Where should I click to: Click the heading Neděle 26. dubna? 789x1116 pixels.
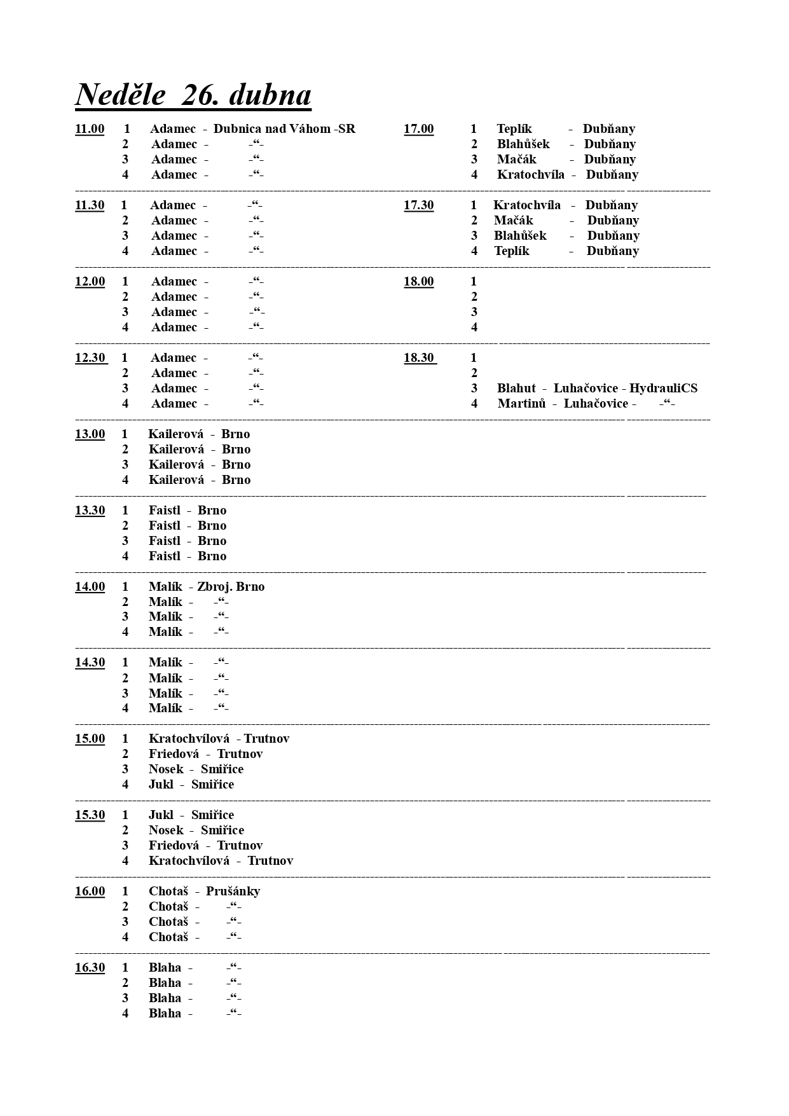pos(193,95)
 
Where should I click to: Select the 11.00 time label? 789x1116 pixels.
pos(90,129)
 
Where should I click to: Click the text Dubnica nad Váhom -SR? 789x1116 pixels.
pos(284,129)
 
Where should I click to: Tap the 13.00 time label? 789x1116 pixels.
pos(90,434)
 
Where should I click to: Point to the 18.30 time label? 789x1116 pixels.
pos(419,358)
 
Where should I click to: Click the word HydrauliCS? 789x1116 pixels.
pos(663,389)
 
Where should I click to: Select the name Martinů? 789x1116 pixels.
pos(521,404)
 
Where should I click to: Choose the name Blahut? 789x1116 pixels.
pos(516,389)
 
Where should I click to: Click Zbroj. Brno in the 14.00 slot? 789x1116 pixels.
pos(231,587)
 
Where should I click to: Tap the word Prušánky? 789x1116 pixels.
pos(233,892)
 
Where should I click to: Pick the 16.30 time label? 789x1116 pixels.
pos(90,968)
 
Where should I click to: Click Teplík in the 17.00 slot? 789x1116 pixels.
pos(514,129)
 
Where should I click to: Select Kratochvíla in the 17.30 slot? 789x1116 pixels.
pos(527,205)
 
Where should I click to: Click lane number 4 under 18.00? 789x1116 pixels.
pos(474,327)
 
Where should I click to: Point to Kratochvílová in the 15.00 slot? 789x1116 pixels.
pos(189,739)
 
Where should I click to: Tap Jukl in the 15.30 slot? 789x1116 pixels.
pos(161,815)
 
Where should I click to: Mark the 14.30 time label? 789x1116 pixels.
pos(90,663)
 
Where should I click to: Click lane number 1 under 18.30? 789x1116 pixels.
pos(474,358)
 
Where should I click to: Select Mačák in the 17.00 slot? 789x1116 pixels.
pos(516,160)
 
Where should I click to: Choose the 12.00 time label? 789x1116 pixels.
pos(90,282)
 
